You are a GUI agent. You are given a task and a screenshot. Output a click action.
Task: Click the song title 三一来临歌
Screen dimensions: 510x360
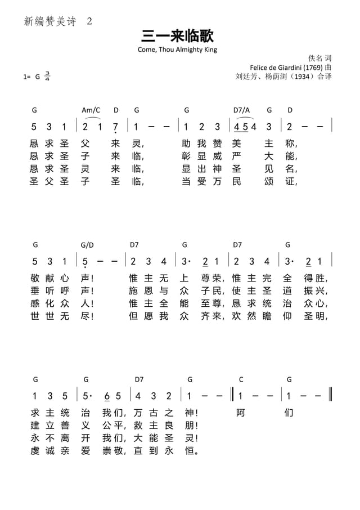coord(178,37)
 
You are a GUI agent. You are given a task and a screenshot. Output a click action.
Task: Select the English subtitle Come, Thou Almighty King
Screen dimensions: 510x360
coord(177,50)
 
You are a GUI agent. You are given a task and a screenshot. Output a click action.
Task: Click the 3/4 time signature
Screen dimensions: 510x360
coord(47,76)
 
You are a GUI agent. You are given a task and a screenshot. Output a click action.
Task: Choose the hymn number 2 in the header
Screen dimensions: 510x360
coord(89,21)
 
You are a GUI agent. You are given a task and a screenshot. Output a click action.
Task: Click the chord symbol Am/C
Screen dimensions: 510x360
coord(91,110)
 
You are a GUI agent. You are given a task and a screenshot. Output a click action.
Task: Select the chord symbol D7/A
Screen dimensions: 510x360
coord(241,110)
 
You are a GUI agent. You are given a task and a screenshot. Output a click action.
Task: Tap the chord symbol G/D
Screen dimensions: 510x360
coord(87,245)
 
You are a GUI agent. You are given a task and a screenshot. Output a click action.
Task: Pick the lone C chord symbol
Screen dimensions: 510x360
coord(241,379)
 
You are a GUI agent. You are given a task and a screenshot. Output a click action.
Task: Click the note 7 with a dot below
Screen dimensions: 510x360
coord(115,127)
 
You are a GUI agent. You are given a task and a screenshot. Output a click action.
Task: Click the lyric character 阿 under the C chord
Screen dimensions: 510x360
coord(241,413)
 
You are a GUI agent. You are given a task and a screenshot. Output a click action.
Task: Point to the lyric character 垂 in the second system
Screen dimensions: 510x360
coord(34,290)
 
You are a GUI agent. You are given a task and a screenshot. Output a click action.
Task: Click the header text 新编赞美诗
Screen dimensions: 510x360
coord(49,21)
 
